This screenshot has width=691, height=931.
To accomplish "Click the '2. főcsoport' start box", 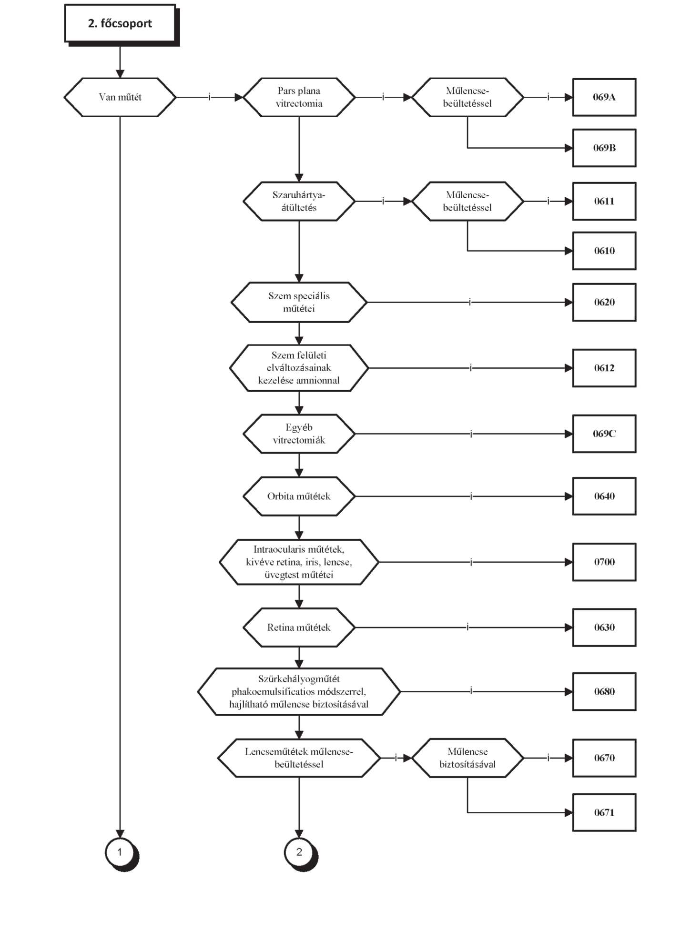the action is (121, 24).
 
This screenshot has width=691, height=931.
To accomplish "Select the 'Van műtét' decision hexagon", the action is (120, 97).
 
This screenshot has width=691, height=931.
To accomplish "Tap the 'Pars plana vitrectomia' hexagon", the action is (299, 97).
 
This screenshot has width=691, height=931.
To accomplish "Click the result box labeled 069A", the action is (604, 97).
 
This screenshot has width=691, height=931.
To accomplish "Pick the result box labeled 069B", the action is (604, 148).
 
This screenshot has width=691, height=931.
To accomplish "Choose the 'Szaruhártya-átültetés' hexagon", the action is (299, 201).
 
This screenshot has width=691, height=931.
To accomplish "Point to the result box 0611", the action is (604, 201).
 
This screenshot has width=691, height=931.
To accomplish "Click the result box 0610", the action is (604, 251).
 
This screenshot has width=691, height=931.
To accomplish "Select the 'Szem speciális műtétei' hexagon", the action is (299, 302).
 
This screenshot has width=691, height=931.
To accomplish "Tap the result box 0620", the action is (604, 302).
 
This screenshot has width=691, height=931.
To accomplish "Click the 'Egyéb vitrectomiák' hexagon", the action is (299, 434).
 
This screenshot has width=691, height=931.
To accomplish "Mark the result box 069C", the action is (604, 434).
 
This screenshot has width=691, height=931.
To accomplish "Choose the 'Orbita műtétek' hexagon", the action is (299, 496).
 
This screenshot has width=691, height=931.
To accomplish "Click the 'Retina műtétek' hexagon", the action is (299, 627).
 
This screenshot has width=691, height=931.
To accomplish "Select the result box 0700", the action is (604, 562).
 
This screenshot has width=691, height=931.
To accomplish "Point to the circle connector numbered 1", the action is (121, 852).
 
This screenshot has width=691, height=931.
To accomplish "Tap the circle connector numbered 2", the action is (300, 852).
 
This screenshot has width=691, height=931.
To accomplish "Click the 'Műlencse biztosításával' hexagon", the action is (467, 758).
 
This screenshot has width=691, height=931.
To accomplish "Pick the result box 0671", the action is (604, 812).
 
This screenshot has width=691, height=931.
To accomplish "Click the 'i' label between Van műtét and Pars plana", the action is (209, 97).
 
